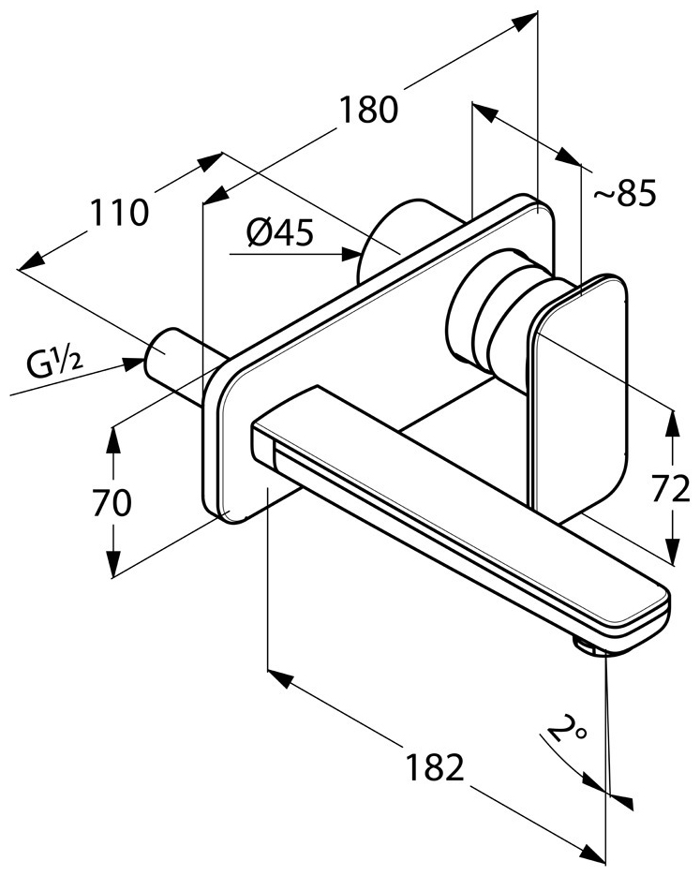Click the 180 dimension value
[x=368, y=109]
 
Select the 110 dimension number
[x=120, y=213]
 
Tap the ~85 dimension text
[x=624, y=194]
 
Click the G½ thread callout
[x=54, y=364]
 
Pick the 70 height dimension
[x=112, y=502]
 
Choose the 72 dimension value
[x=671, y=490]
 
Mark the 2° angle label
[x=567, y=727]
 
